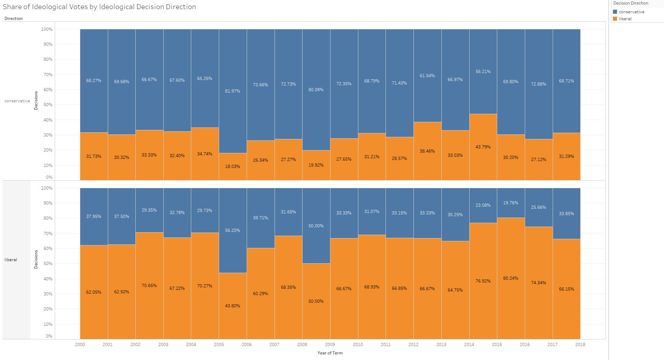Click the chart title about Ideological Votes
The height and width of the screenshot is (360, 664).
(99, 7)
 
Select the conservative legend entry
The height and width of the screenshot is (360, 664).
(631, 12)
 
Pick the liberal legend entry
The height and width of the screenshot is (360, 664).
(625, 19)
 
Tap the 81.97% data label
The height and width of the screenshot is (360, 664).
(232, 91)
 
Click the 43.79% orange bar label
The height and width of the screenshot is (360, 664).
(483, 147)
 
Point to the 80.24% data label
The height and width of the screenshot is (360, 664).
(510, 278)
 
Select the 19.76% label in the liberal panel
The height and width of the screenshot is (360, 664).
(510, 203)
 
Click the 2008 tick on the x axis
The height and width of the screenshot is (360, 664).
(302, 345)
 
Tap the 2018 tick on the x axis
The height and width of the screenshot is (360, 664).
(580, 345)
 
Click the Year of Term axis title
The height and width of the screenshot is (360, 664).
(330, 353)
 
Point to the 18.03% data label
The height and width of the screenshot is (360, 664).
(232, 167)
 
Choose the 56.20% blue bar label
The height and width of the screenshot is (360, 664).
(232, 230)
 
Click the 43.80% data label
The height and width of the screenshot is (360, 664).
(232, 306)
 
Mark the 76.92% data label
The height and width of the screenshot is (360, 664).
(483, 281)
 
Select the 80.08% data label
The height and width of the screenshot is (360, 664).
(316, 90)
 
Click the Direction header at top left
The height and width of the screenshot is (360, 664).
(14, 19)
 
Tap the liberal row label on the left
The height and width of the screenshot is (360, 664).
(11, 260)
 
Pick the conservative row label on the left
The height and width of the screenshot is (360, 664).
(17, 101)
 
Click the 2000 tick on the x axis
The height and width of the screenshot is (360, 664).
(80, 345)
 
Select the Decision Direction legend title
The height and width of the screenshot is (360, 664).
(631, 3)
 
